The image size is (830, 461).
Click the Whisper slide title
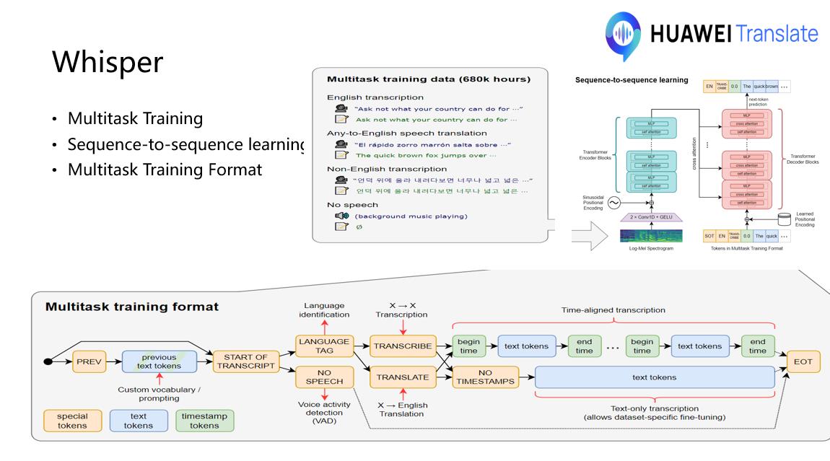(x=107, y=63)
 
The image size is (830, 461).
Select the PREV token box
(x=89, y=361)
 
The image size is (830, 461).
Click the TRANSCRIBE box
(x=402, y=346)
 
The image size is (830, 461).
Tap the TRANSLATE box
(x=402, y=376)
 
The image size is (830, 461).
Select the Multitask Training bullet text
(x=135, y=118)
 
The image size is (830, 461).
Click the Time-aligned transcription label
(x=613, y=309)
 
